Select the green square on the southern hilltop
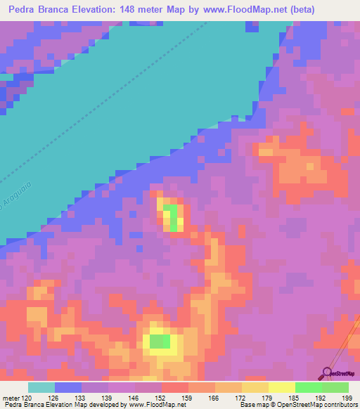(x=160, y=342)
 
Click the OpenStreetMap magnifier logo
(x=328, y=372)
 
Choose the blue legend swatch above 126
(x=67, y=387)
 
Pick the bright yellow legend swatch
(x=281, y=387)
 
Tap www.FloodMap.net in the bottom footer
(x=148, y=405)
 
